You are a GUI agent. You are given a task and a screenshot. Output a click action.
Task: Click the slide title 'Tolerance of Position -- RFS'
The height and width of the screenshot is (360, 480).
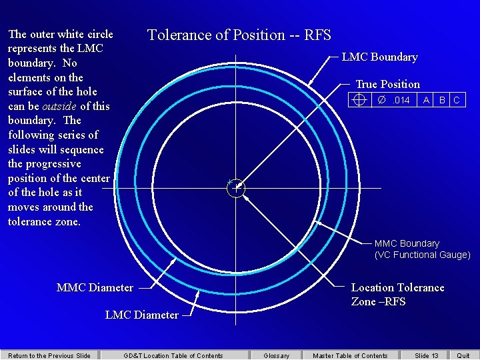[239, 35]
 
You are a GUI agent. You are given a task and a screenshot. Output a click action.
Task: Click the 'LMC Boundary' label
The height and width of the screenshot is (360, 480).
[379, 57]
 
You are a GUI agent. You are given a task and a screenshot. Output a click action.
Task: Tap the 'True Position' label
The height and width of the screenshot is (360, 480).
[387, 84]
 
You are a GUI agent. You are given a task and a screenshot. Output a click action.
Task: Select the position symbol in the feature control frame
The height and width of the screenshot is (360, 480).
[359, 100]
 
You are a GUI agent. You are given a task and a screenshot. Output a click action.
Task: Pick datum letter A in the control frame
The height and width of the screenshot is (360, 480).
[426, 100]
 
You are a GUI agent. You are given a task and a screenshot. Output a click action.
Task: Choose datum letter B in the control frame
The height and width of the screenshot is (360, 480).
[442, 100]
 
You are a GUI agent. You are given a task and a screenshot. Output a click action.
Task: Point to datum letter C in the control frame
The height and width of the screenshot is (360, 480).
[457, 100]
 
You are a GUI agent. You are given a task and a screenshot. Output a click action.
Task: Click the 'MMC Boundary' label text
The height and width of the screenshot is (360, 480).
[407, 243]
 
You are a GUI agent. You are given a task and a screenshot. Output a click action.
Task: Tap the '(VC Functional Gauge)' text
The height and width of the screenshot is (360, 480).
[422, 255]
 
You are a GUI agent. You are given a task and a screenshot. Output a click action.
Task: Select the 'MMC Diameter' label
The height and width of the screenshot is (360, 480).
[95, 288]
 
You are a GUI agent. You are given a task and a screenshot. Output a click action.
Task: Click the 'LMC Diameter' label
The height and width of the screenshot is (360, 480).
[142, 315]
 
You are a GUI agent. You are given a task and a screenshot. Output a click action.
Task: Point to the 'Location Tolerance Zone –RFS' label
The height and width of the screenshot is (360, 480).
[397, 294]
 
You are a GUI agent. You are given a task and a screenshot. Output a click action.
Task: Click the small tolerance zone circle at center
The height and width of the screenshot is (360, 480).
[236, 189]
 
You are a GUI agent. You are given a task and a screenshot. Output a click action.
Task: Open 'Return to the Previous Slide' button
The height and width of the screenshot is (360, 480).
[49, 355]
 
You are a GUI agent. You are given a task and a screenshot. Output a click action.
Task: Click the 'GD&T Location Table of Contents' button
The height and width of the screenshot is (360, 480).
[173, 355]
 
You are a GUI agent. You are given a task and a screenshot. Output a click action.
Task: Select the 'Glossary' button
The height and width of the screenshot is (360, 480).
[277, 355]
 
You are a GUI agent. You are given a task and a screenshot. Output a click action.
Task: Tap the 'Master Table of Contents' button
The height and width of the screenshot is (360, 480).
[350, 355]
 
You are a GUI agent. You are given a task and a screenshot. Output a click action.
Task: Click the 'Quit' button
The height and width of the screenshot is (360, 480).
[463, 355]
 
